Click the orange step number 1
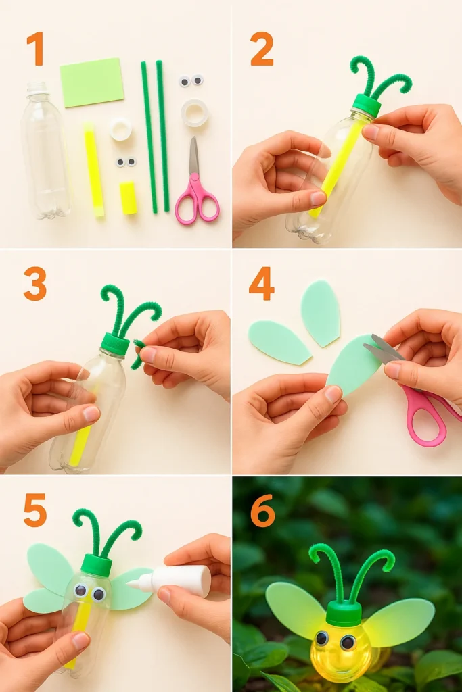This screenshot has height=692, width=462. pos(35,48)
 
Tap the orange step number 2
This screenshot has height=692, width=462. pos(262,49)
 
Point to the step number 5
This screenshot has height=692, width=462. pos(35,510)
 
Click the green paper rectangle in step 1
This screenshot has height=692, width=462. pos(92,82)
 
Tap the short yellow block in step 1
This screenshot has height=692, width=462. pos(129,198)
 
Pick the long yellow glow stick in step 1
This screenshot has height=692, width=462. pos(93,170)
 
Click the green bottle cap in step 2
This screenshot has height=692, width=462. pos(366,106)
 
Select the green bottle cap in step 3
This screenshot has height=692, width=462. pos(115,344)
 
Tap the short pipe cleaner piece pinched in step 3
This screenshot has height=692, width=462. pos(137,354)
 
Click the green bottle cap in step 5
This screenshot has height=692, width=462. pos(96,566)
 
